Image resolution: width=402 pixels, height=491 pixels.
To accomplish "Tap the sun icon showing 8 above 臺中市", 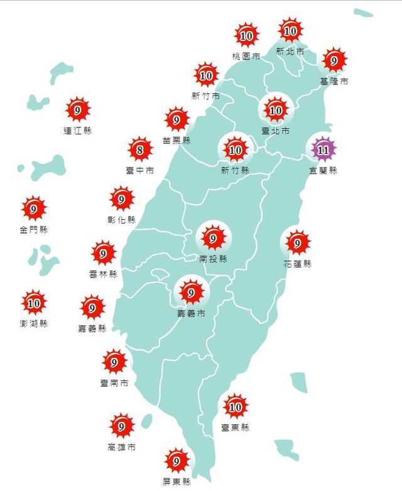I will pyautogui.click(x=140, y=149).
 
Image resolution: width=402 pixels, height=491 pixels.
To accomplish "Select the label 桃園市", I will pyautogui.click(x=246, y=57).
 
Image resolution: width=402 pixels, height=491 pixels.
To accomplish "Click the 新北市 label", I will pyautogui.click(x=290, y=51).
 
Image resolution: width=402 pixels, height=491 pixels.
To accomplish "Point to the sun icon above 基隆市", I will pyautogui.click(x=334, y=61).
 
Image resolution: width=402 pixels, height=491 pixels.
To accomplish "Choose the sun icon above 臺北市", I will pyautogui.click(x=276, y=111).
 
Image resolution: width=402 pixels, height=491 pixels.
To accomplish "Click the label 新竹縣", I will pyautogui.click(x=236, y=170).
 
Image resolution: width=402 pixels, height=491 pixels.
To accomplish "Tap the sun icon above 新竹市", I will pyautogui.click(x=206, y=75).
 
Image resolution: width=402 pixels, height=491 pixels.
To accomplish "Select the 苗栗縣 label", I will pyautogui.click(x=177, y=140).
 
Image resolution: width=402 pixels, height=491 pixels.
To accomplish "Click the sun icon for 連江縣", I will pyautogui.click(x=78, y=111).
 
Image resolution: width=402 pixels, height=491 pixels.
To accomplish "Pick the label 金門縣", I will pyautogui.click(x=33, y=230).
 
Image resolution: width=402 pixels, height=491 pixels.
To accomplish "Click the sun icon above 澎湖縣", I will pyautogui.click(x=34, y=303).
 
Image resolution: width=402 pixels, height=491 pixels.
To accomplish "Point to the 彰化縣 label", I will pyautogui.click(x=121, y=220).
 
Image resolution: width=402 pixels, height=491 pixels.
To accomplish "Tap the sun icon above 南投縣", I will pyautogui.click(x=213, y=238).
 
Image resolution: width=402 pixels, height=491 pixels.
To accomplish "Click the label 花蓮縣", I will pyautogui.click(x=297, y=264).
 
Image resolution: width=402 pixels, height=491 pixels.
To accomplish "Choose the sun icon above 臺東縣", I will pyautogui.click(x=236, y=407).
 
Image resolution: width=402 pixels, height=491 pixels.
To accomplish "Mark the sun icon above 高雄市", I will pyautogui.click(x=121, y=427).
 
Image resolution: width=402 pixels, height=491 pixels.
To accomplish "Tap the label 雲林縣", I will pyautogui.click(x=104, y=274).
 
